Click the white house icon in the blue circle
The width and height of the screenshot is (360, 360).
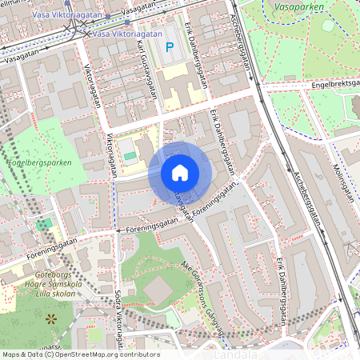(180, 173)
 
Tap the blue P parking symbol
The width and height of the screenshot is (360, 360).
(169, 47)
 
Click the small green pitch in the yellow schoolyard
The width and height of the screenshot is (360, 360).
(130, 154)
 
